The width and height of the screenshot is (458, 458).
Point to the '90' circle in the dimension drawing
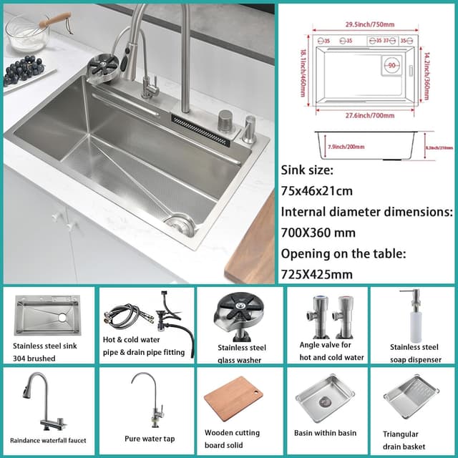391,65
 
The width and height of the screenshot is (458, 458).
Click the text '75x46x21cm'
318,191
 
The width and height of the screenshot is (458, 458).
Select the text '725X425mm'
317,274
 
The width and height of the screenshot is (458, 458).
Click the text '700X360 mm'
318,233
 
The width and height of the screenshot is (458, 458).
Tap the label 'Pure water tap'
149,439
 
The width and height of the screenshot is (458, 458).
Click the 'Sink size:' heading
309,170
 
